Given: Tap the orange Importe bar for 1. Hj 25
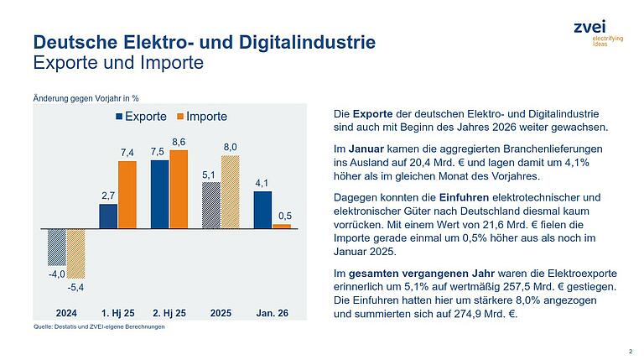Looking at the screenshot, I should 127,195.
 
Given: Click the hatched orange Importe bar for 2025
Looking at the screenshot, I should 230,191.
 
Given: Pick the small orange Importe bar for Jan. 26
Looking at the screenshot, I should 281,226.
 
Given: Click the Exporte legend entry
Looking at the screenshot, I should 140,116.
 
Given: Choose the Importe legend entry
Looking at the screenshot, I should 200,116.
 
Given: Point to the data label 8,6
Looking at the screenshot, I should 178,142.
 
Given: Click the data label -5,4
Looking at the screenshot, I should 75,287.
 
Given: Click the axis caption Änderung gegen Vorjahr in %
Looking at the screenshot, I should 74,97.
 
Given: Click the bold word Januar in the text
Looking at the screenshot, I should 366,148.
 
